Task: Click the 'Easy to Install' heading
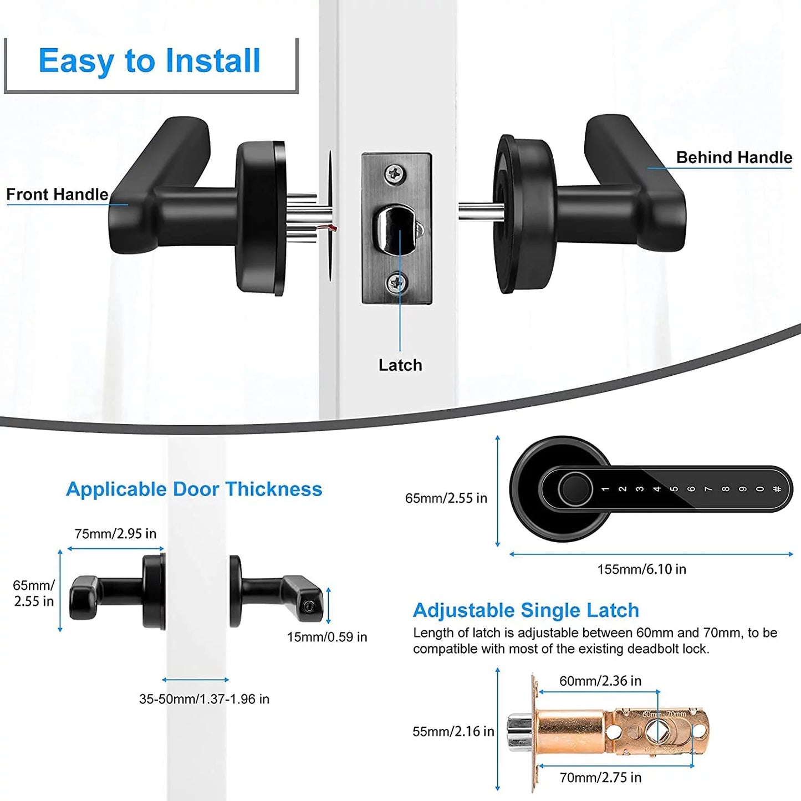coord(149,61)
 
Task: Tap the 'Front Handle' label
coord(57,195)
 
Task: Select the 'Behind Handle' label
coord(733,157)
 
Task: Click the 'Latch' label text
coord(400,365)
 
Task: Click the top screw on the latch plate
coord(395,174)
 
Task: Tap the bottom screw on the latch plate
coord(396,283)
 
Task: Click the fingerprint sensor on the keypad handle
coord(575,488)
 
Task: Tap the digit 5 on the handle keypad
coord(674,489)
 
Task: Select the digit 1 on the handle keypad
coord(605,489)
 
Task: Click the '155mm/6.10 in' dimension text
coord(641,569)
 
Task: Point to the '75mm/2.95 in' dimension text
coord(115,534)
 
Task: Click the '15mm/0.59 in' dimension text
coord(327,637)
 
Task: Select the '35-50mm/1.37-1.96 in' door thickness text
coord(204,699)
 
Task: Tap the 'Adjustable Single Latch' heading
coord(526,610)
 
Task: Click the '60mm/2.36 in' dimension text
coord(600,681)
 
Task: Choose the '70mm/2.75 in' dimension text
coord(600,778)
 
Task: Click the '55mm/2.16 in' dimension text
coord(453,732)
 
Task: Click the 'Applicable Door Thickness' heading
coord(194,489)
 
